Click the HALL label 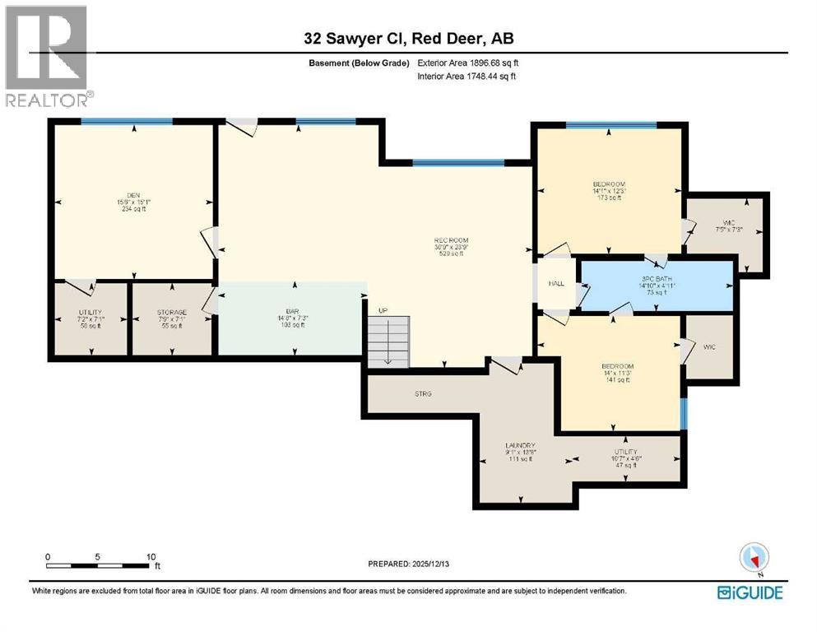pos(556,284)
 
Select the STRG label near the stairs pos(424,394)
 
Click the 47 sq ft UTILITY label pos(624,452)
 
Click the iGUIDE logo pos(749,592)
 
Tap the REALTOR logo pos(48,58)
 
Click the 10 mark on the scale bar pos(149,557)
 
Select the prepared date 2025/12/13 pos(409,565)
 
